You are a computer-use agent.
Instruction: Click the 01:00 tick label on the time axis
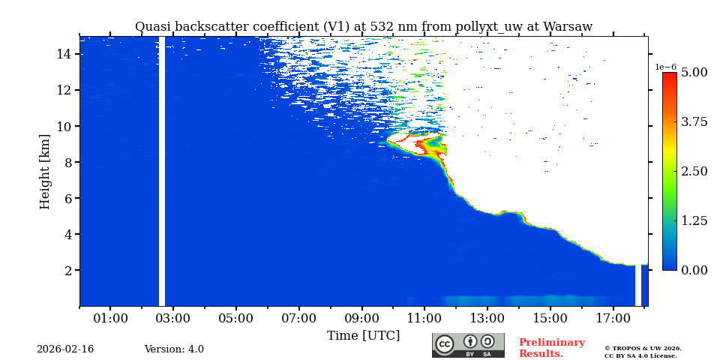[110, 319]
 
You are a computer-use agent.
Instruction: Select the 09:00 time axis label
[361, 319]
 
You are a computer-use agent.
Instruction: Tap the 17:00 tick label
[613, 319]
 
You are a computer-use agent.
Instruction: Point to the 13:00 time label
[487, 319]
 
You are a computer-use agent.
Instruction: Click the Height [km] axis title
[45, 171]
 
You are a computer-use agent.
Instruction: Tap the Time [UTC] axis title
[363, 335]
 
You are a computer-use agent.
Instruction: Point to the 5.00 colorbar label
[694, 72]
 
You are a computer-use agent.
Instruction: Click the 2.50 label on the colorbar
[694, 171]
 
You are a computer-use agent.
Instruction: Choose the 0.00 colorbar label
[694, 270]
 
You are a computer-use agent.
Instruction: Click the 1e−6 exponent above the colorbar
[665, 67]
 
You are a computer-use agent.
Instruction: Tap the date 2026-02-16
[65, 349]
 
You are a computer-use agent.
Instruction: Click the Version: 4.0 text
[174, 349]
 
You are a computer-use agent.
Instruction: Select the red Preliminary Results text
[551, 348]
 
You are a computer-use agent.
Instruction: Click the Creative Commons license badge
[468, 345]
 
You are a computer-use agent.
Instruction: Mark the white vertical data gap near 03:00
[162, 171]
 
